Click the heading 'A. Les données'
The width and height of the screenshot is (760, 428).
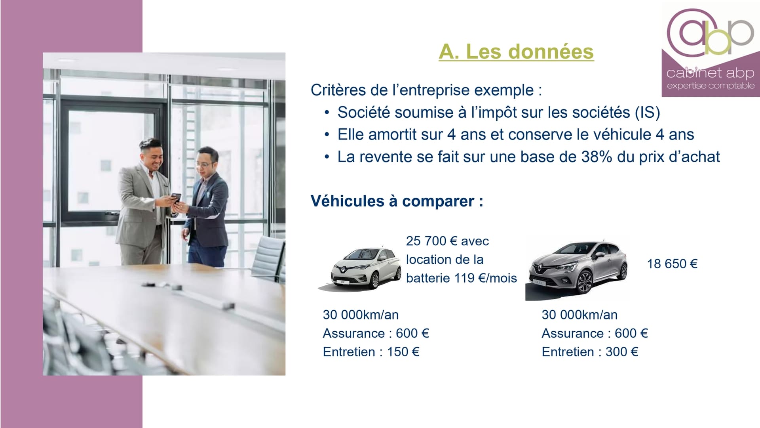pyautogui.click(x=516, y=52)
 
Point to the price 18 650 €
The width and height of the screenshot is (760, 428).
pyautogui.click(x=672, y=264)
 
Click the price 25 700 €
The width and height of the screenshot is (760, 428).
pyautogui.click(x=431, y=241)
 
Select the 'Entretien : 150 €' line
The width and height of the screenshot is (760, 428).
pyautogui.click(x=371, y=352)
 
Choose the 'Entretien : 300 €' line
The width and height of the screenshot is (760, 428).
pyautogui.click(x=590, y=352)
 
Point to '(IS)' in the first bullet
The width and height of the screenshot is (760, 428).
pyautogui.click(x=648, y=113)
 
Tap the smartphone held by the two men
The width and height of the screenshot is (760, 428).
pyautogui.click(x=175, y=197)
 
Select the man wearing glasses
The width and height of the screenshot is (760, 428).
pyautogui.click(x=206, y=206)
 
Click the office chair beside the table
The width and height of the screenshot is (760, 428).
pyautogui.click(x=269, y=258)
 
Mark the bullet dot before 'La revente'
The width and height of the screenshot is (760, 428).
pyautogui.click(x=327, y=157)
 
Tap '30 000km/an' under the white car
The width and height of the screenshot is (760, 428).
pyautogui.click(x=361, y=315)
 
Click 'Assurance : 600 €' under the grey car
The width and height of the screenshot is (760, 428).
pyautogui.click(x=595, y=334)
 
